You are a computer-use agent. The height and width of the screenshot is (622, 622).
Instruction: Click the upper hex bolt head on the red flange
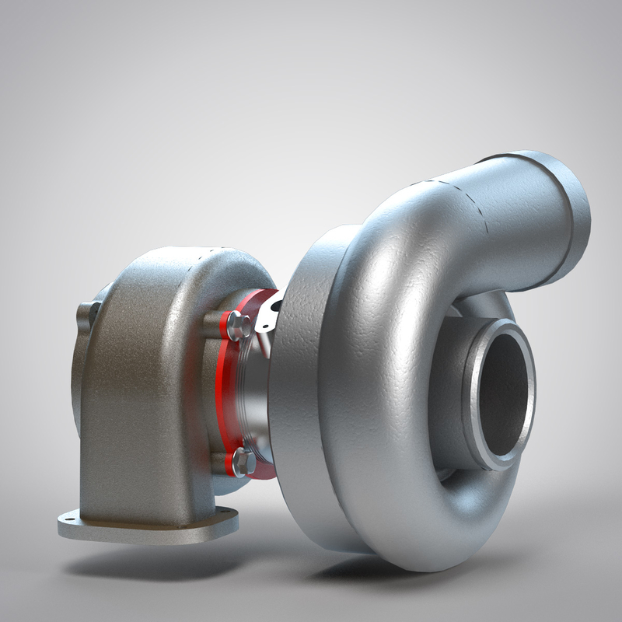(x=239, y=324)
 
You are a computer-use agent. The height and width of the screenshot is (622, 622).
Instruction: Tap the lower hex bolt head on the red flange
(x=242, y=462)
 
